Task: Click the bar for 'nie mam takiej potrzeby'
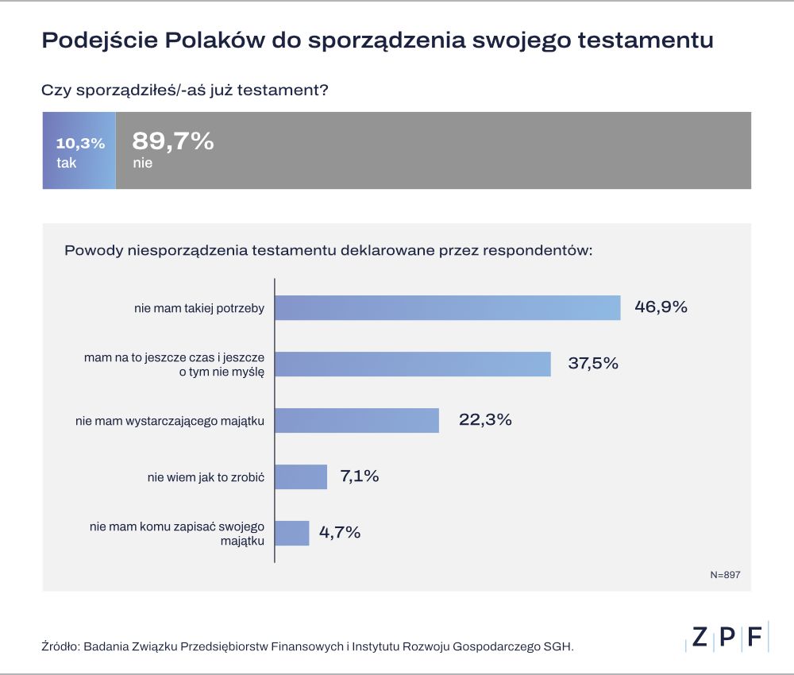pyautogui.click(x=447, y=307)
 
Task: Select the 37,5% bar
pyautogui.click(x=413, y=364)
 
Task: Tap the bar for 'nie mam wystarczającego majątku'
pyautogui.click(x=357, y=420)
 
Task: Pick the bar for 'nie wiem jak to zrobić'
pyautogui.click(x=301, y=476)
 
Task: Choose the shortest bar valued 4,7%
pyautogui.click(x=291, y=533)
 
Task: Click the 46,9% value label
pyautogui.click(x=661, y=307)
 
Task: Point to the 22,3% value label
pyautogui.click(x=485, y=420)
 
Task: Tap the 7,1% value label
pyautogui.click(x=359, y=476)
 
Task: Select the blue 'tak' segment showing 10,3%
pyautogui.click(x=79, y=151)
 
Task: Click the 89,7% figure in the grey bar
pyautogui.click(x=173, y=141)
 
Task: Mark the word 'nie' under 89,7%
pyautogui.click(x=142, y=164)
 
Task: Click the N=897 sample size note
pyautogui.click(x=725, y=574)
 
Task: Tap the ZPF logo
pyautogui.click(x=727, y=638)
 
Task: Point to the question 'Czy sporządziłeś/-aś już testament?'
pyautogui.click(x=185, y=90)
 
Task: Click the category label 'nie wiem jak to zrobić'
pyautogui.click(x=206, y=477)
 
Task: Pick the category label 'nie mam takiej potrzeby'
pyautogui.click(x=199, y=308)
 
